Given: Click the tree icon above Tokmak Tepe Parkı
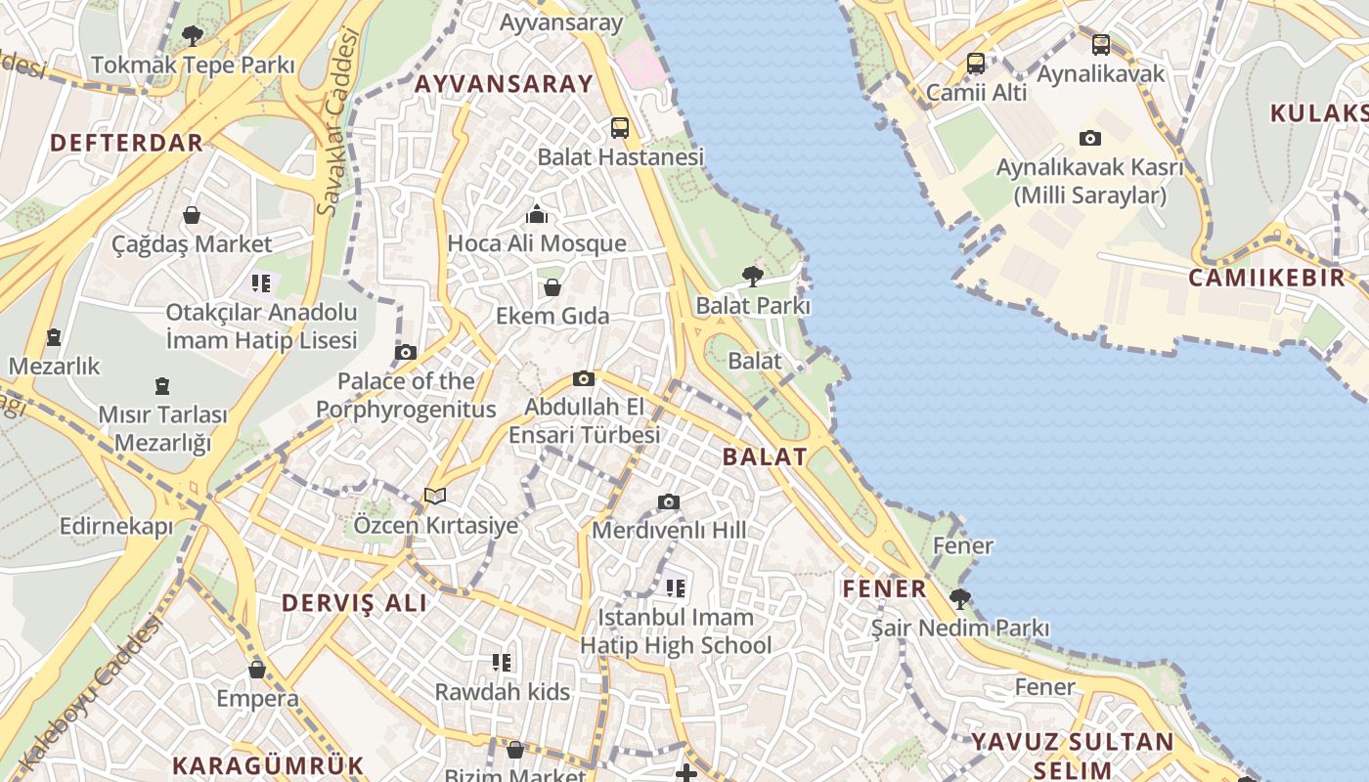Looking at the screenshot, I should [x=193, y=37].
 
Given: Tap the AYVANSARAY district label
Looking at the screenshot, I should [x=504, y=84].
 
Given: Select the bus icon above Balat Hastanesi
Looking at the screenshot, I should [x=620, y=127].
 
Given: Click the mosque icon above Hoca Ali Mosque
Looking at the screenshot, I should [x=537, y=214].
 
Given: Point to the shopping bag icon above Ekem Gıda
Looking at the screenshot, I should [x=552, y=287].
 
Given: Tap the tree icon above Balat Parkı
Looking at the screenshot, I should [x=752, y=277].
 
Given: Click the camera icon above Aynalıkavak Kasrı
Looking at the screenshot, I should [x=1090, y=139].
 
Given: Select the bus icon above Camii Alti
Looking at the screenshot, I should [x=976, y=64].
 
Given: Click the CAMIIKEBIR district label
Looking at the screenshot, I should [x=1266, y=278].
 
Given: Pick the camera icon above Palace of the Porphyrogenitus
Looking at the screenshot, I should [x=405, y=353].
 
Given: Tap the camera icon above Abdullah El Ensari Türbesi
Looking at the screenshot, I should [x=584, y=379].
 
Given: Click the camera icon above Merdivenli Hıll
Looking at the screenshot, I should [x=669, y=502].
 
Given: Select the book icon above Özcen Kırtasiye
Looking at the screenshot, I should [x=435, y=497].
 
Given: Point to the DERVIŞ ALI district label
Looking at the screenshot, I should [x=355, y=603].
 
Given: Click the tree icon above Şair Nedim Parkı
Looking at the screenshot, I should [x=960, y=598].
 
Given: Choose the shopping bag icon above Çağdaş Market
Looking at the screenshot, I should [x=192, y=215].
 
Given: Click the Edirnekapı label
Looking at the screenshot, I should [x=116, y=527].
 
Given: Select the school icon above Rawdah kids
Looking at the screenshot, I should [x=502, y=663].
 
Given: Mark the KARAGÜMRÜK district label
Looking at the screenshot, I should [x=268, y=765].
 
